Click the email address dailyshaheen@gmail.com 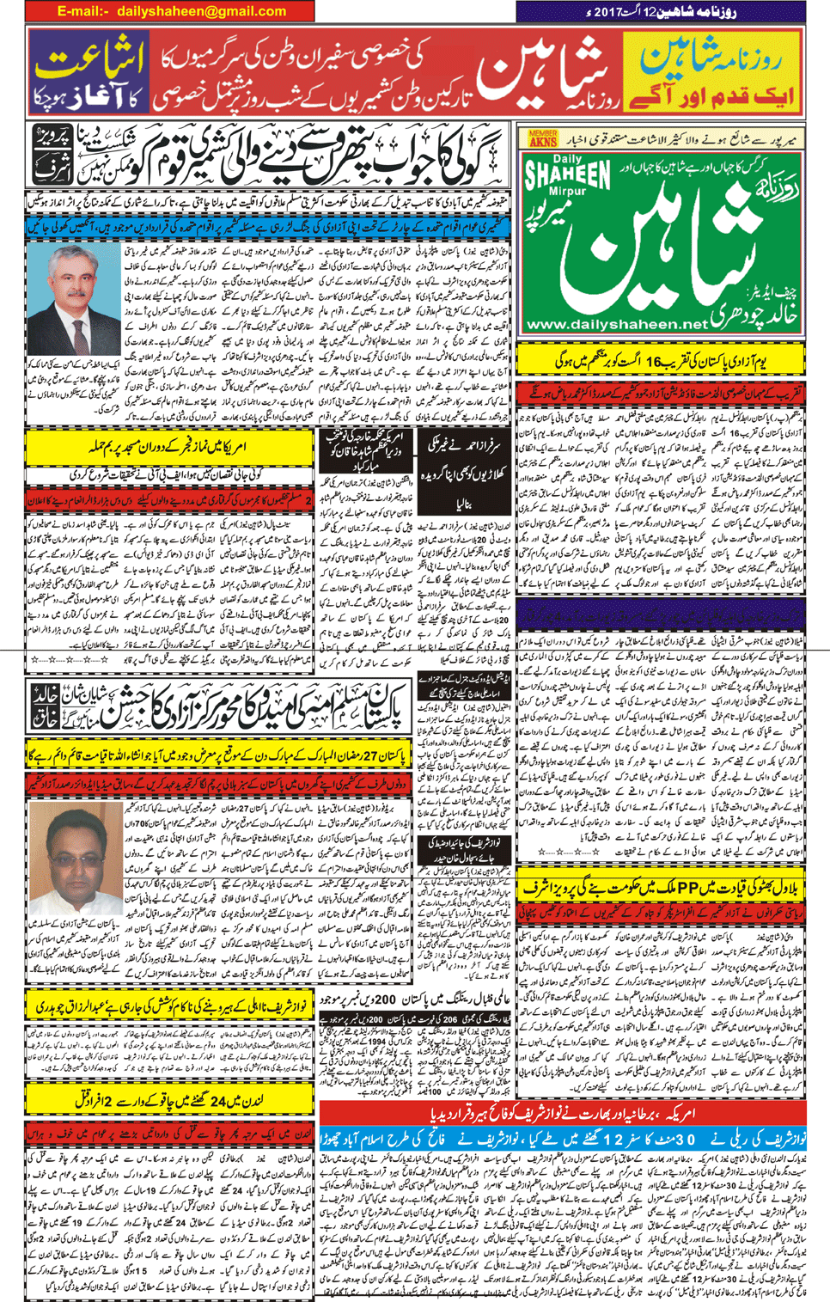pyautogui.click(x=201, y=11)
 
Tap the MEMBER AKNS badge pyautogui.click(x=542, y=138)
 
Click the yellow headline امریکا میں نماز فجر pyautogui.click(x=169, y=448)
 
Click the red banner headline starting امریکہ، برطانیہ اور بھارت pyautogui.click(x=562, y=1113)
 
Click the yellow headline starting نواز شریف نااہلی pyautogui.click(x=168, y=1006)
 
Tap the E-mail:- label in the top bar pyautogui.click(x=83, y=11)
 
